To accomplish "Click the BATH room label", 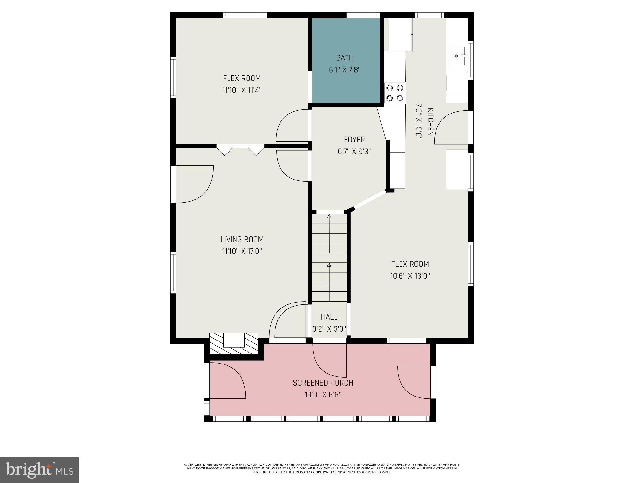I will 345,58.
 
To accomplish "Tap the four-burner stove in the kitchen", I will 395,93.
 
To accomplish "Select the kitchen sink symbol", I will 456,56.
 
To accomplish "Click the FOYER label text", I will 354,139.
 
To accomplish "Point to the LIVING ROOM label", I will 242,239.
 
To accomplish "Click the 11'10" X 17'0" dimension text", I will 242,251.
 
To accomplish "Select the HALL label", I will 329,317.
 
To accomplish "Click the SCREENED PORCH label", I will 323,383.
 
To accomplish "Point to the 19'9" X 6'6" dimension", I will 323,395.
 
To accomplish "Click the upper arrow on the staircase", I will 329,217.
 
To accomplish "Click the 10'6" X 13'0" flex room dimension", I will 410,276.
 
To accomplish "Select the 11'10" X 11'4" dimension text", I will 242,90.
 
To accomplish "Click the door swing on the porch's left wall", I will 227,380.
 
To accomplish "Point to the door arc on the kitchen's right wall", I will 451,127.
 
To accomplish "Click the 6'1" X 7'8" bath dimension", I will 345,70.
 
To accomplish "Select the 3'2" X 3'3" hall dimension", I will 329,329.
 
